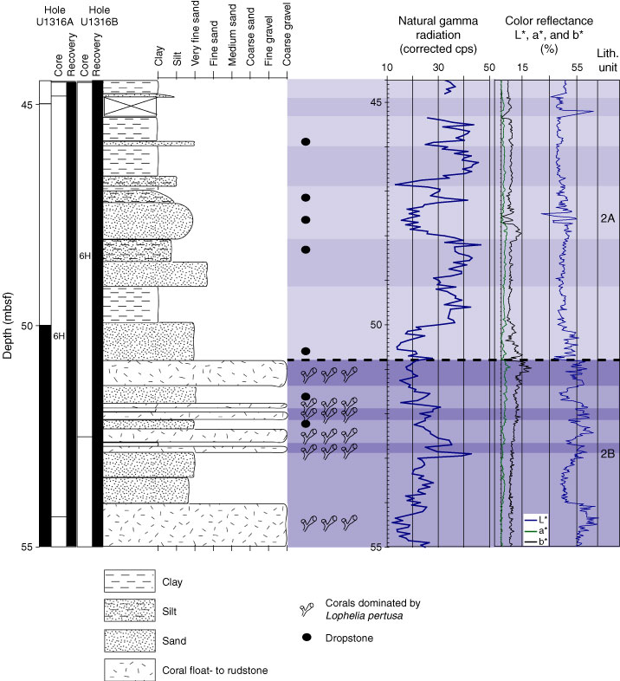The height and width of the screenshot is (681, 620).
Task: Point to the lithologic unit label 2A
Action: [x=607, y=218]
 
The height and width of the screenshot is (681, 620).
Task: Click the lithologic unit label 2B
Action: [x=607, y=452]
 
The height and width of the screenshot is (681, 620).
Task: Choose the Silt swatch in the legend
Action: [x=129, y=612]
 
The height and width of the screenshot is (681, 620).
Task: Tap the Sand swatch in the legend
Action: [x=129, y=641]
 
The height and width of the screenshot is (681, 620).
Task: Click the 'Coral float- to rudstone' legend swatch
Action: [x=129, y=670]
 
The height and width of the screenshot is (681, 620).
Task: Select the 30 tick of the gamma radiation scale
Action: [x=438, y=68]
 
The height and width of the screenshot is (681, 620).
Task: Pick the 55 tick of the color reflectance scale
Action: [x=572, y=68]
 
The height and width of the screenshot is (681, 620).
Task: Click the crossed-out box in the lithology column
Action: [x=130, y=107]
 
